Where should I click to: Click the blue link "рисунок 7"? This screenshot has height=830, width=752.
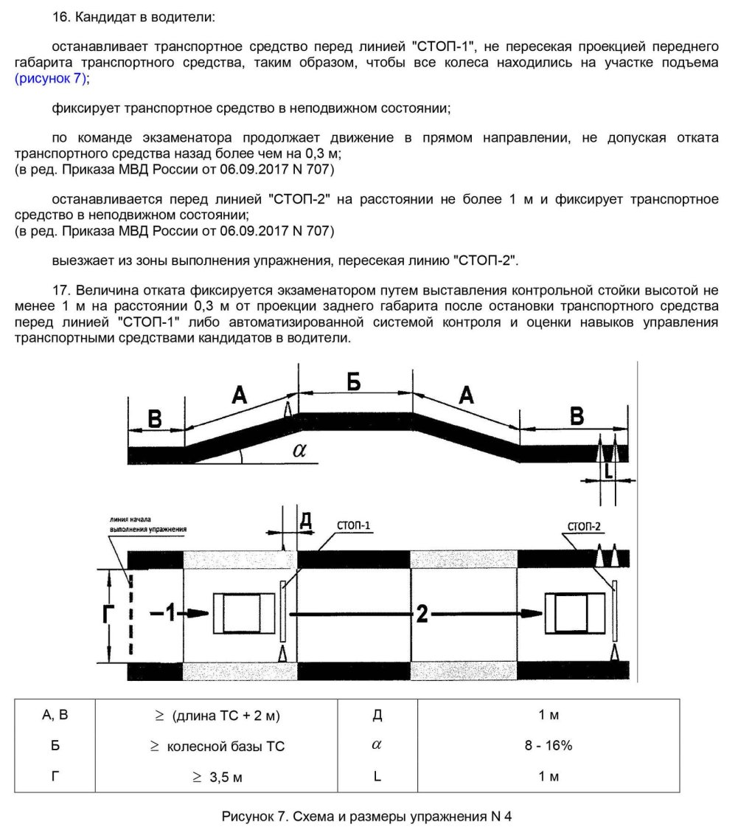pos(50,77)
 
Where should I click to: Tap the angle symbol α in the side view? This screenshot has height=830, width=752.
pos(299,450)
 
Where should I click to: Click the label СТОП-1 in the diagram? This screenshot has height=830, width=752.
pos(354,525)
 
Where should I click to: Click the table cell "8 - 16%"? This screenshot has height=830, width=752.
pos(548,746)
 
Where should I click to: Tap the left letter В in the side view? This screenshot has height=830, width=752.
pos(154,418)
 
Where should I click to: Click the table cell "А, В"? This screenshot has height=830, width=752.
pos(55,715)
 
